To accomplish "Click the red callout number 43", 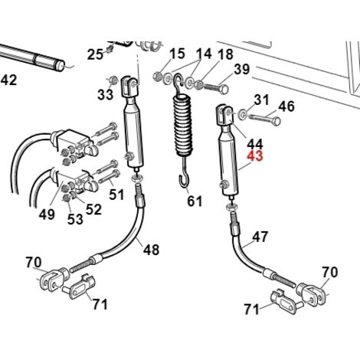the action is pyautogui.click(x=255, y=155).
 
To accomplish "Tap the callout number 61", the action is pyautogui.click(x=195, y=201).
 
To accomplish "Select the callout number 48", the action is pyautogui.click(x=151, y=249).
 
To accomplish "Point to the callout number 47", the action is pyautogui.click(x=260, y=237).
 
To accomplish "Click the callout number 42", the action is pyautogui.click(x=8, y=80).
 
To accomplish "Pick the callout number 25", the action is pyautogui.click(x=95, y=54).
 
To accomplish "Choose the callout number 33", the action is pyautogui.click(x=105, y=94).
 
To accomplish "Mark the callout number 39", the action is pyautogui.click(x=241, y=69).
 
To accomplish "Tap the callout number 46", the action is pyautogui.click(x=286, y=106).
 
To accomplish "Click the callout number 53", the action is pyautogui.click(x=75, y=219).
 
